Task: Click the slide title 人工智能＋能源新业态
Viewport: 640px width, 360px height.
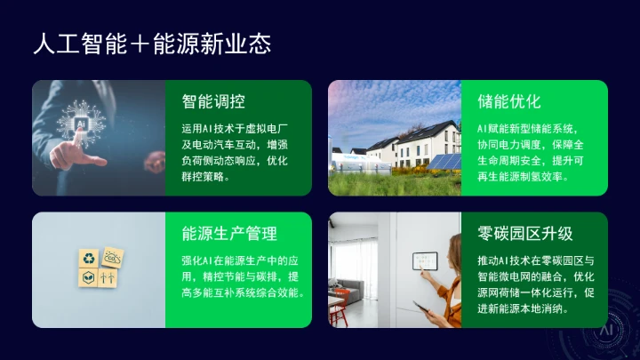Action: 151,42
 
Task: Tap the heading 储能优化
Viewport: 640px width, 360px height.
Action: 508,100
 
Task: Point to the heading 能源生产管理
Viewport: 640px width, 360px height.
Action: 229,233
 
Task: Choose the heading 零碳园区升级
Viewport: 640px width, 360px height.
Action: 524,233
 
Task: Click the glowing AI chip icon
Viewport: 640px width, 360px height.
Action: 83,124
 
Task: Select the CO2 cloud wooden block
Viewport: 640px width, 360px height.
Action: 113,257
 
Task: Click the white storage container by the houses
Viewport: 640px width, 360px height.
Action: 348,161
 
